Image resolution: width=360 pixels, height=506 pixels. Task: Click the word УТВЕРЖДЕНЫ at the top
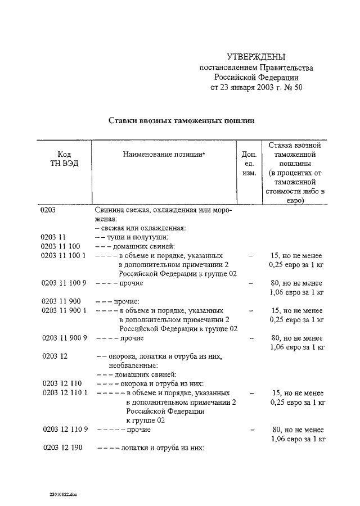click(256, 57)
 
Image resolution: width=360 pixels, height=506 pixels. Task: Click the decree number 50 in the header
click(298, 88)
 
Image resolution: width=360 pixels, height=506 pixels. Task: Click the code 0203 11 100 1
click(63, 255)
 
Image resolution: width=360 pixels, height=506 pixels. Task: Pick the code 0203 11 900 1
click(64, 310)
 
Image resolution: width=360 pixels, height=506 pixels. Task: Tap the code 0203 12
click(55, 356)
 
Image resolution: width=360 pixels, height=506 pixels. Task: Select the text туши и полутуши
click(137, 237)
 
